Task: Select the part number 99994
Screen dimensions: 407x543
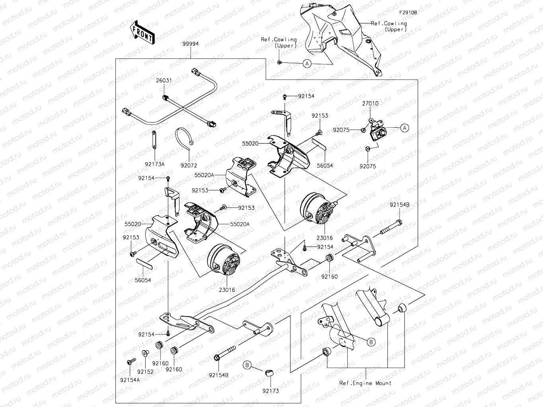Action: point(191,44)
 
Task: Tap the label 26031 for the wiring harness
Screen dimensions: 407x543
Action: point(163,80)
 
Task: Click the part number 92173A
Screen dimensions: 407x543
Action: point(154,164)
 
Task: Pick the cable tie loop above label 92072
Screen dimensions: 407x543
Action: point(184,138)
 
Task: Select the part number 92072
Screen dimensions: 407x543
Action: point(189,165)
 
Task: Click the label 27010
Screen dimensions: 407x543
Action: point(370,103)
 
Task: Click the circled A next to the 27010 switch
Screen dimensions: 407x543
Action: point(404,128)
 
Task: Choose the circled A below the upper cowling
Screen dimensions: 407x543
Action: point(307,63)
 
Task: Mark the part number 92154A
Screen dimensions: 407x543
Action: point(130,380)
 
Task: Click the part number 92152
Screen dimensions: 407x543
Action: point(145,372)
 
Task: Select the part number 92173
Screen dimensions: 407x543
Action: point(271,391)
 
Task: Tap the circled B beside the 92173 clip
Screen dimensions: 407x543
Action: point(247,365)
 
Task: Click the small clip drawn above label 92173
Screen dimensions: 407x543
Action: point(269,372)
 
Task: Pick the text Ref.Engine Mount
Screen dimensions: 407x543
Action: point(365,383)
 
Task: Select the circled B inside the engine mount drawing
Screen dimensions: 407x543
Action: point(370,342)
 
